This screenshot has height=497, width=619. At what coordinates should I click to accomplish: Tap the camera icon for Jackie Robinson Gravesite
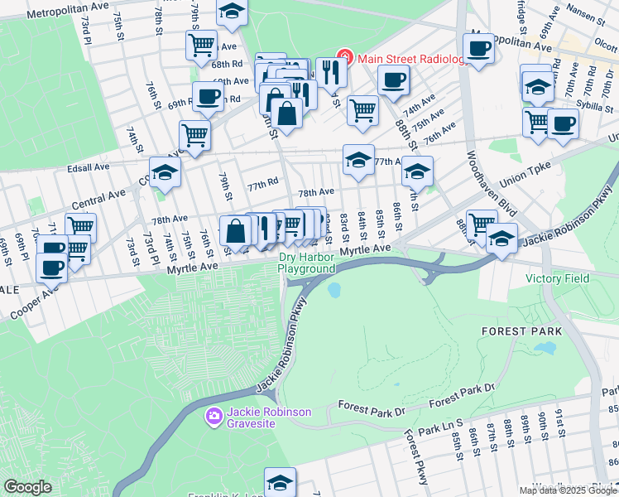coord(214,414)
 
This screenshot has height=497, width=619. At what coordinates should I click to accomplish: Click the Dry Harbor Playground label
coord(306,263)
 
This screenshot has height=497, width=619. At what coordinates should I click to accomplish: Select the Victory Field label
coord(557,278)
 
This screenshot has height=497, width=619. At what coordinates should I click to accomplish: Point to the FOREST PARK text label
coord(521,331)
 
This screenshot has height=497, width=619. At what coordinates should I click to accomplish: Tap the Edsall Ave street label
coord(89,166)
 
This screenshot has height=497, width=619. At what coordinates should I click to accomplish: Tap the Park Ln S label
coord(439,429)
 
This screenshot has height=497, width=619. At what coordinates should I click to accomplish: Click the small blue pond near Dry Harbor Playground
coord(334,291)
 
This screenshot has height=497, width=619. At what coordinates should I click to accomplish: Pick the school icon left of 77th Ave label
coord(357,160)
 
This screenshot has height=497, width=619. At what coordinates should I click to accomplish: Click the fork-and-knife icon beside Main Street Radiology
coord(331,72)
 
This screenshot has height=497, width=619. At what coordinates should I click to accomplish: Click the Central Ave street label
coord(98,198)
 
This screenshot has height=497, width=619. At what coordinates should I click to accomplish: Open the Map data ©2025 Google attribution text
coord(568,490)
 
